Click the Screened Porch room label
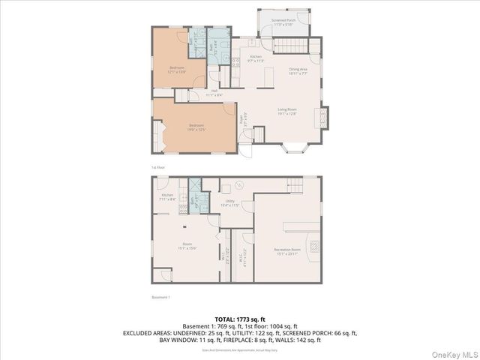[x=283, y=21]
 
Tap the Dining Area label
[x=298, y=71]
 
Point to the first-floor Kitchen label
[x=256, y=58]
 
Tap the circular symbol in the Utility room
[x=240, y=184]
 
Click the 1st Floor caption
[x=159, y=166]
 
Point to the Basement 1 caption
[x=162, y=298]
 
